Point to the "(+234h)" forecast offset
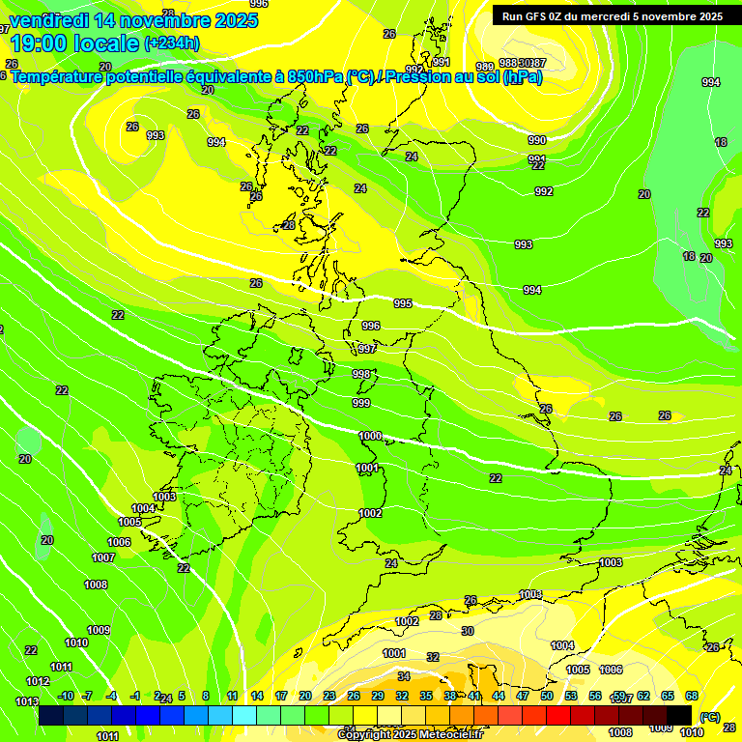coord(171,43)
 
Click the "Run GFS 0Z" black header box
coord(612,15)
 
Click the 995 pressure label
coord(403,303)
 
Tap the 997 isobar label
coord(367,349)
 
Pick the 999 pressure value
coord(361,403)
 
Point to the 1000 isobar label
coord(370,436)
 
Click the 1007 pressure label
coord(103,557)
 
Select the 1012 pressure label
coord(38,681)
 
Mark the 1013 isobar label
coord(27,701)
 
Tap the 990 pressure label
coord(537,140)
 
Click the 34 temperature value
coord(404,676)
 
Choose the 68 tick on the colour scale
coord(692,696)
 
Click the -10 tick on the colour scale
coord(66,696)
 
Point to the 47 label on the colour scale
coord(523,696)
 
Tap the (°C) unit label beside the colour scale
coord(709,717)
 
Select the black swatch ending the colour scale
coord(679,715)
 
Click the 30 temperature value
coord(468,631)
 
